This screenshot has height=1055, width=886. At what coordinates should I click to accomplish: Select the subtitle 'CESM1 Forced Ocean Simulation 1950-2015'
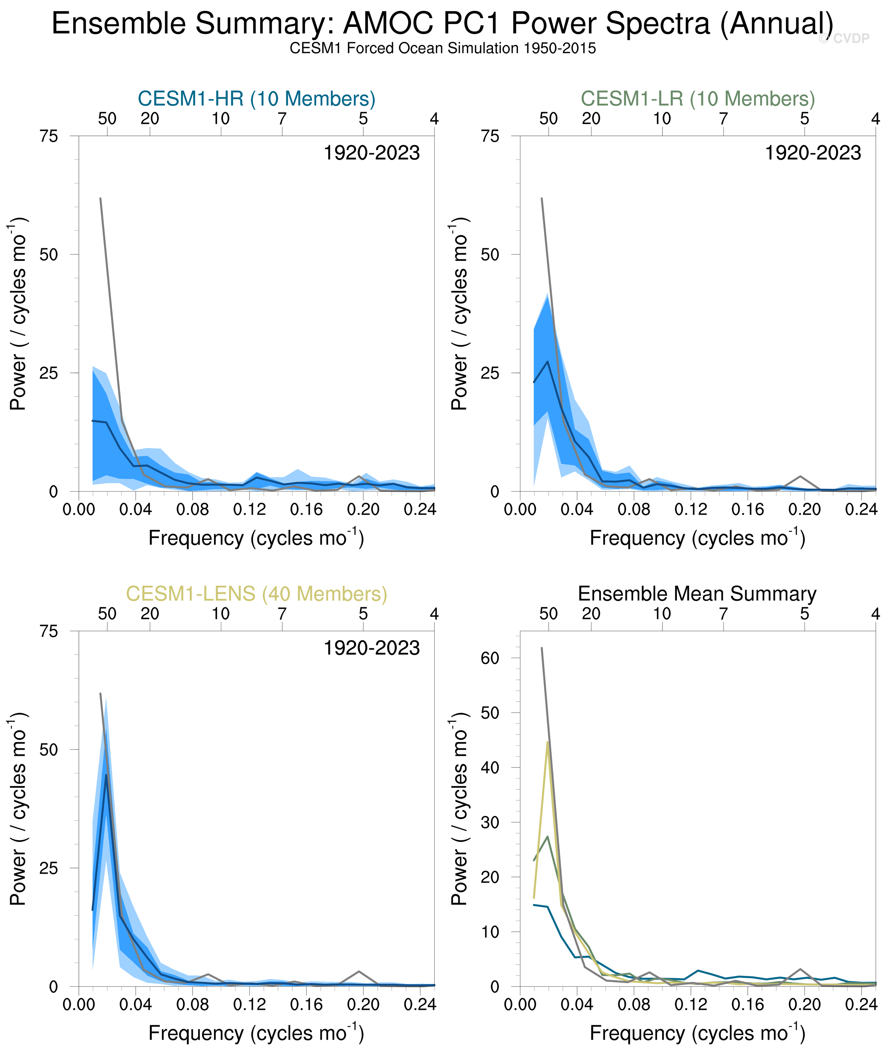442,49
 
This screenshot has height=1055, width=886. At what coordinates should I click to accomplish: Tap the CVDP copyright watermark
844,39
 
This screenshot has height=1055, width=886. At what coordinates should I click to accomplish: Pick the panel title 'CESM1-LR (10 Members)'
697,99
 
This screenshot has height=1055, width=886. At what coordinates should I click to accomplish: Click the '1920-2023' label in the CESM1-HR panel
371,153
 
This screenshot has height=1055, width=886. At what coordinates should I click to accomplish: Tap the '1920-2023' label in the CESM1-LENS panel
371,648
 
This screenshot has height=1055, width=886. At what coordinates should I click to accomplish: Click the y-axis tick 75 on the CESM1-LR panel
490,136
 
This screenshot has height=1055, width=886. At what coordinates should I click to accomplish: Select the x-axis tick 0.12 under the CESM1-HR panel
249,510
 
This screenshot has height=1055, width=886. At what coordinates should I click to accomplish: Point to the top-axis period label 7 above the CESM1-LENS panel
282,614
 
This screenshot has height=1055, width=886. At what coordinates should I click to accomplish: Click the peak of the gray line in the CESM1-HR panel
101,199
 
